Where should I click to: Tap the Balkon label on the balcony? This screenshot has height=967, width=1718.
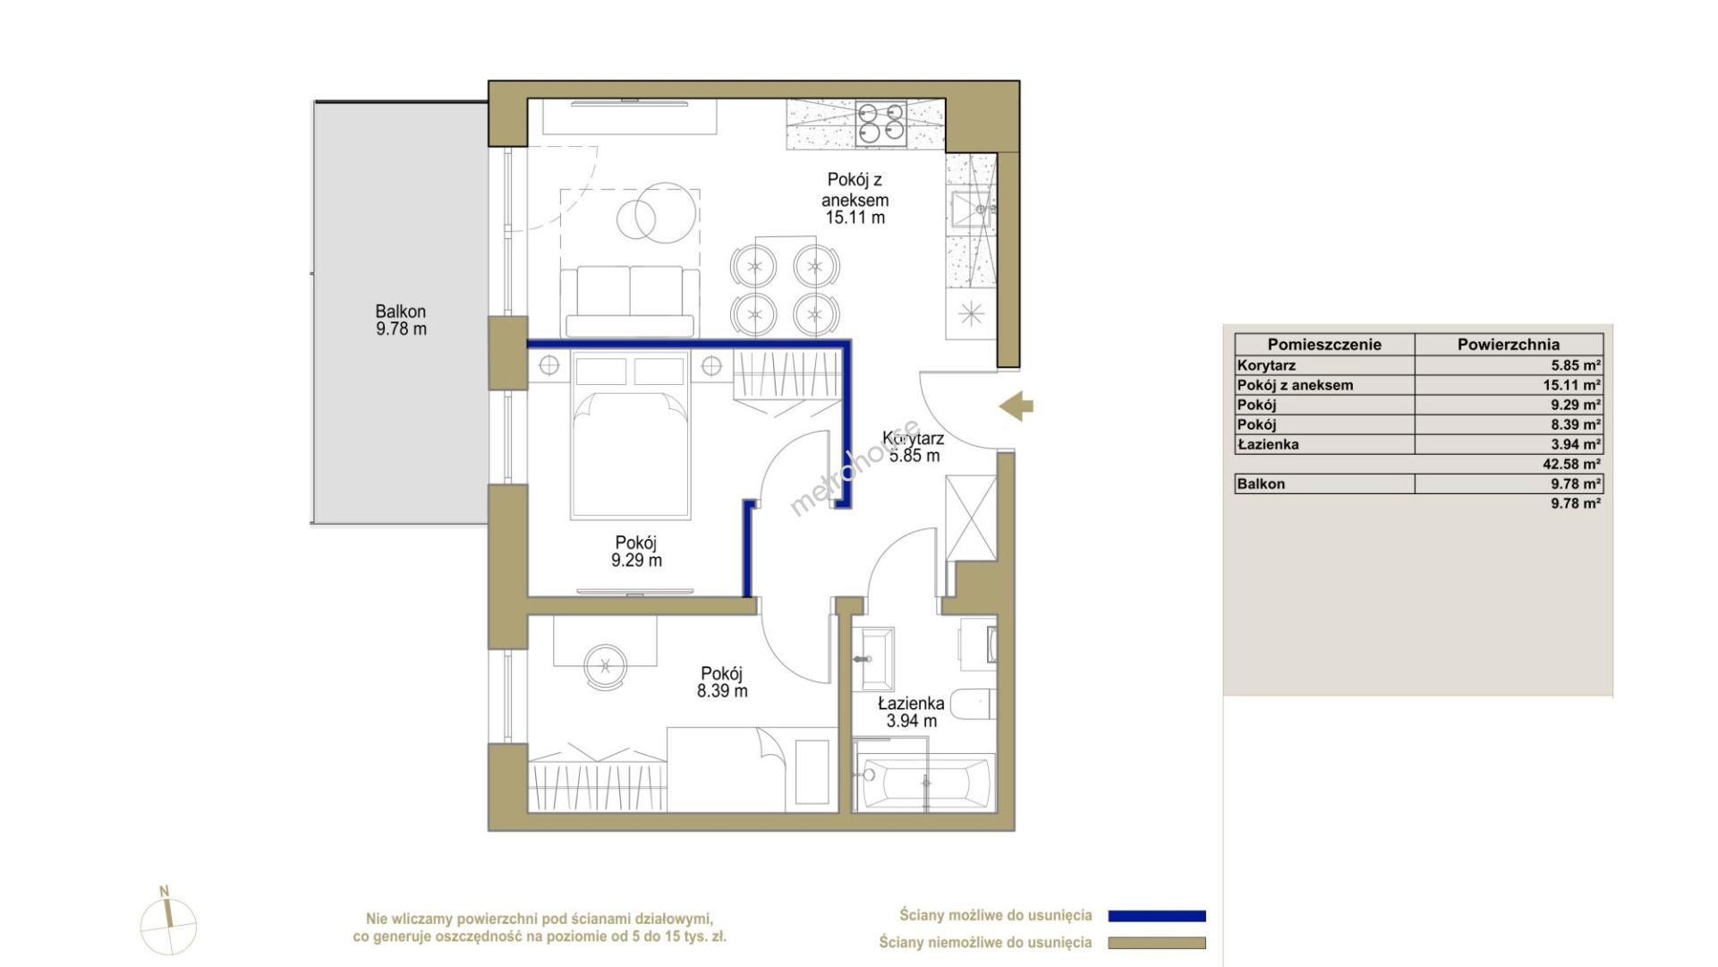click(x=401, y=321)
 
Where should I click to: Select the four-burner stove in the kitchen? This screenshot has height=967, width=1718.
click(x=880, y=124)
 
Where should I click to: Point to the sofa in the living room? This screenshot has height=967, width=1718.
click(x=629, y=301)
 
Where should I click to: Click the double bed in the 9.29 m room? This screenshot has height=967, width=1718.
click(x=631, y=436)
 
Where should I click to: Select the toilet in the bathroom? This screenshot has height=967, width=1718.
click(x=973, y=704)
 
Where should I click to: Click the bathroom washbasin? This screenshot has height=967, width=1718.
click(x=872, y=659)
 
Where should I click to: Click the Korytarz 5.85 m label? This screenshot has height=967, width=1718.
click(x=914, y=447)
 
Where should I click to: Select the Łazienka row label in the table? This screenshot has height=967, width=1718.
click(x=1268, y=444)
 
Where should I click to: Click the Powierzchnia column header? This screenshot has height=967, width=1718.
click(x=1509, y=344)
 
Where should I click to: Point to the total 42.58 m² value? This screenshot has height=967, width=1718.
click(x=1576, y=464)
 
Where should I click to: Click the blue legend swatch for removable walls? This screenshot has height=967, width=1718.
click(x=1157, y=916)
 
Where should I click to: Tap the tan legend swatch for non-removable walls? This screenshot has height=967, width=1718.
click(x=1157, y=943)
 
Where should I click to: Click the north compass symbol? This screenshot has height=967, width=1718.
click(x=167, y=922)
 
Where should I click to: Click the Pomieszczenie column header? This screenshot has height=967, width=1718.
click(x=1324, y=344)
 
